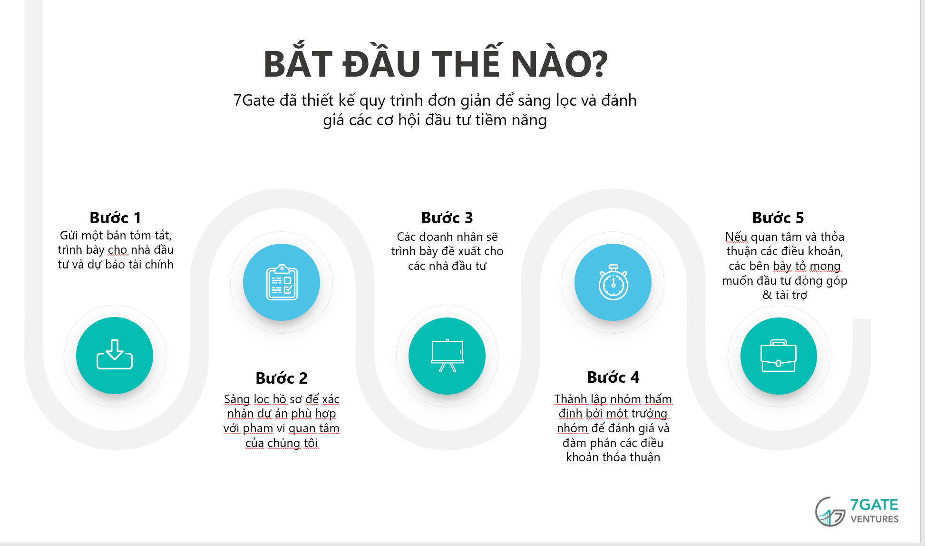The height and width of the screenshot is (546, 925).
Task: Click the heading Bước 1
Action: click(115, 218)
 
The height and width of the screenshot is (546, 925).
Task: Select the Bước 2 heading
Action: click(282, 378)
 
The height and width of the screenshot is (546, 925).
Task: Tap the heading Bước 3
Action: click(447, 218)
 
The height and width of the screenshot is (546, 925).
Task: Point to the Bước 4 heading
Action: click(613, 377)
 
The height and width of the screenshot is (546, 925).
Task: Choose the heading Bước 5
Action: click(778, 218)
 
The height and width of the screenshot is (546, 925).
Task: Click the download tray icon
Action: click(115, 354)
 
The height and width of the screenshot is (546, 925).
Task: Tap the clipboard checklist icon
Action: click(282, 282)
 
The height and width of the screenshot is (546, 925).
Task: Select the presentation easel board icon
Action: click(447, 356)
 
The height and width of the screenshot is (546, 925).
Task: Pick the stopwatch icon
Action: click(613, 282)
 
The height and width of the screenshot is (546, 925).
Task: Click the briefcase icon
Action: click(779, 356)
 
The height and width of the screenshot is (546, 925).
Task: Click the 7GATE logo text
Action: click(874, 505)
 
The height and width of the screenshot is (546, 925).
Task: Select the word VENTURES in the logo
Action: click(875, 519)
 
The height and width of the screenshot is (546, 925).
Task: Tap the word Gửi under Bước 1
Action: click(69, 236)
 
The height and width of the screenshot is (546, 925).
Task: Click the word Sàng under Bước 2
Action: click(237, 399)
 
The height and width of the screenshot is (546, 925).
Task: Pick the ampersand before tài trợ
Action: click(767, 295)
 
